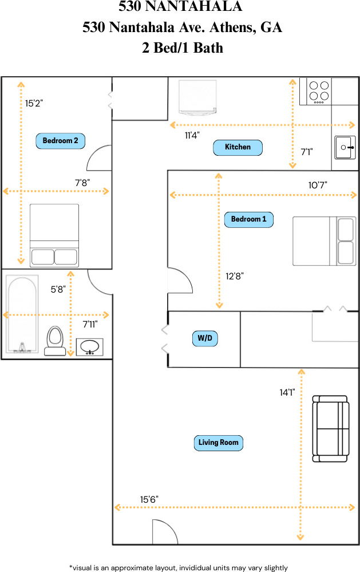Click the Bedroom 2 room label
[60, 141]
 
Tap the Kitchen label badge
[238, 147]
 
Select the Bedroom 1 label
[249, 220]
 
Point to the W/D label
[205, 338]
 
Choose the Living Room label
[218, 443]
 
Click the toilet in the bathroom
[55, 341]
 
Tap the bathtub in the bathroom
[22, 314]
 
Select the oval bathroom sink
[89, 346]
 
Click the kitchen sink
[345, 147]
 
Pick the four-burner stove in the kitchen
[315, 91]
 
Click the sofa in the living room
[330, 429]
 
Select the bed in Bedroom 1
[325, 241]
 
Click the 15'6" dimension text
[149, 499]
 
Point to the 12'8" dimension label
[235, 276]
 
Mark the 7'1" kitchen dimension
[307, 152]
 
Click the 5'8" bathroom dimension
[58, 290]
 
